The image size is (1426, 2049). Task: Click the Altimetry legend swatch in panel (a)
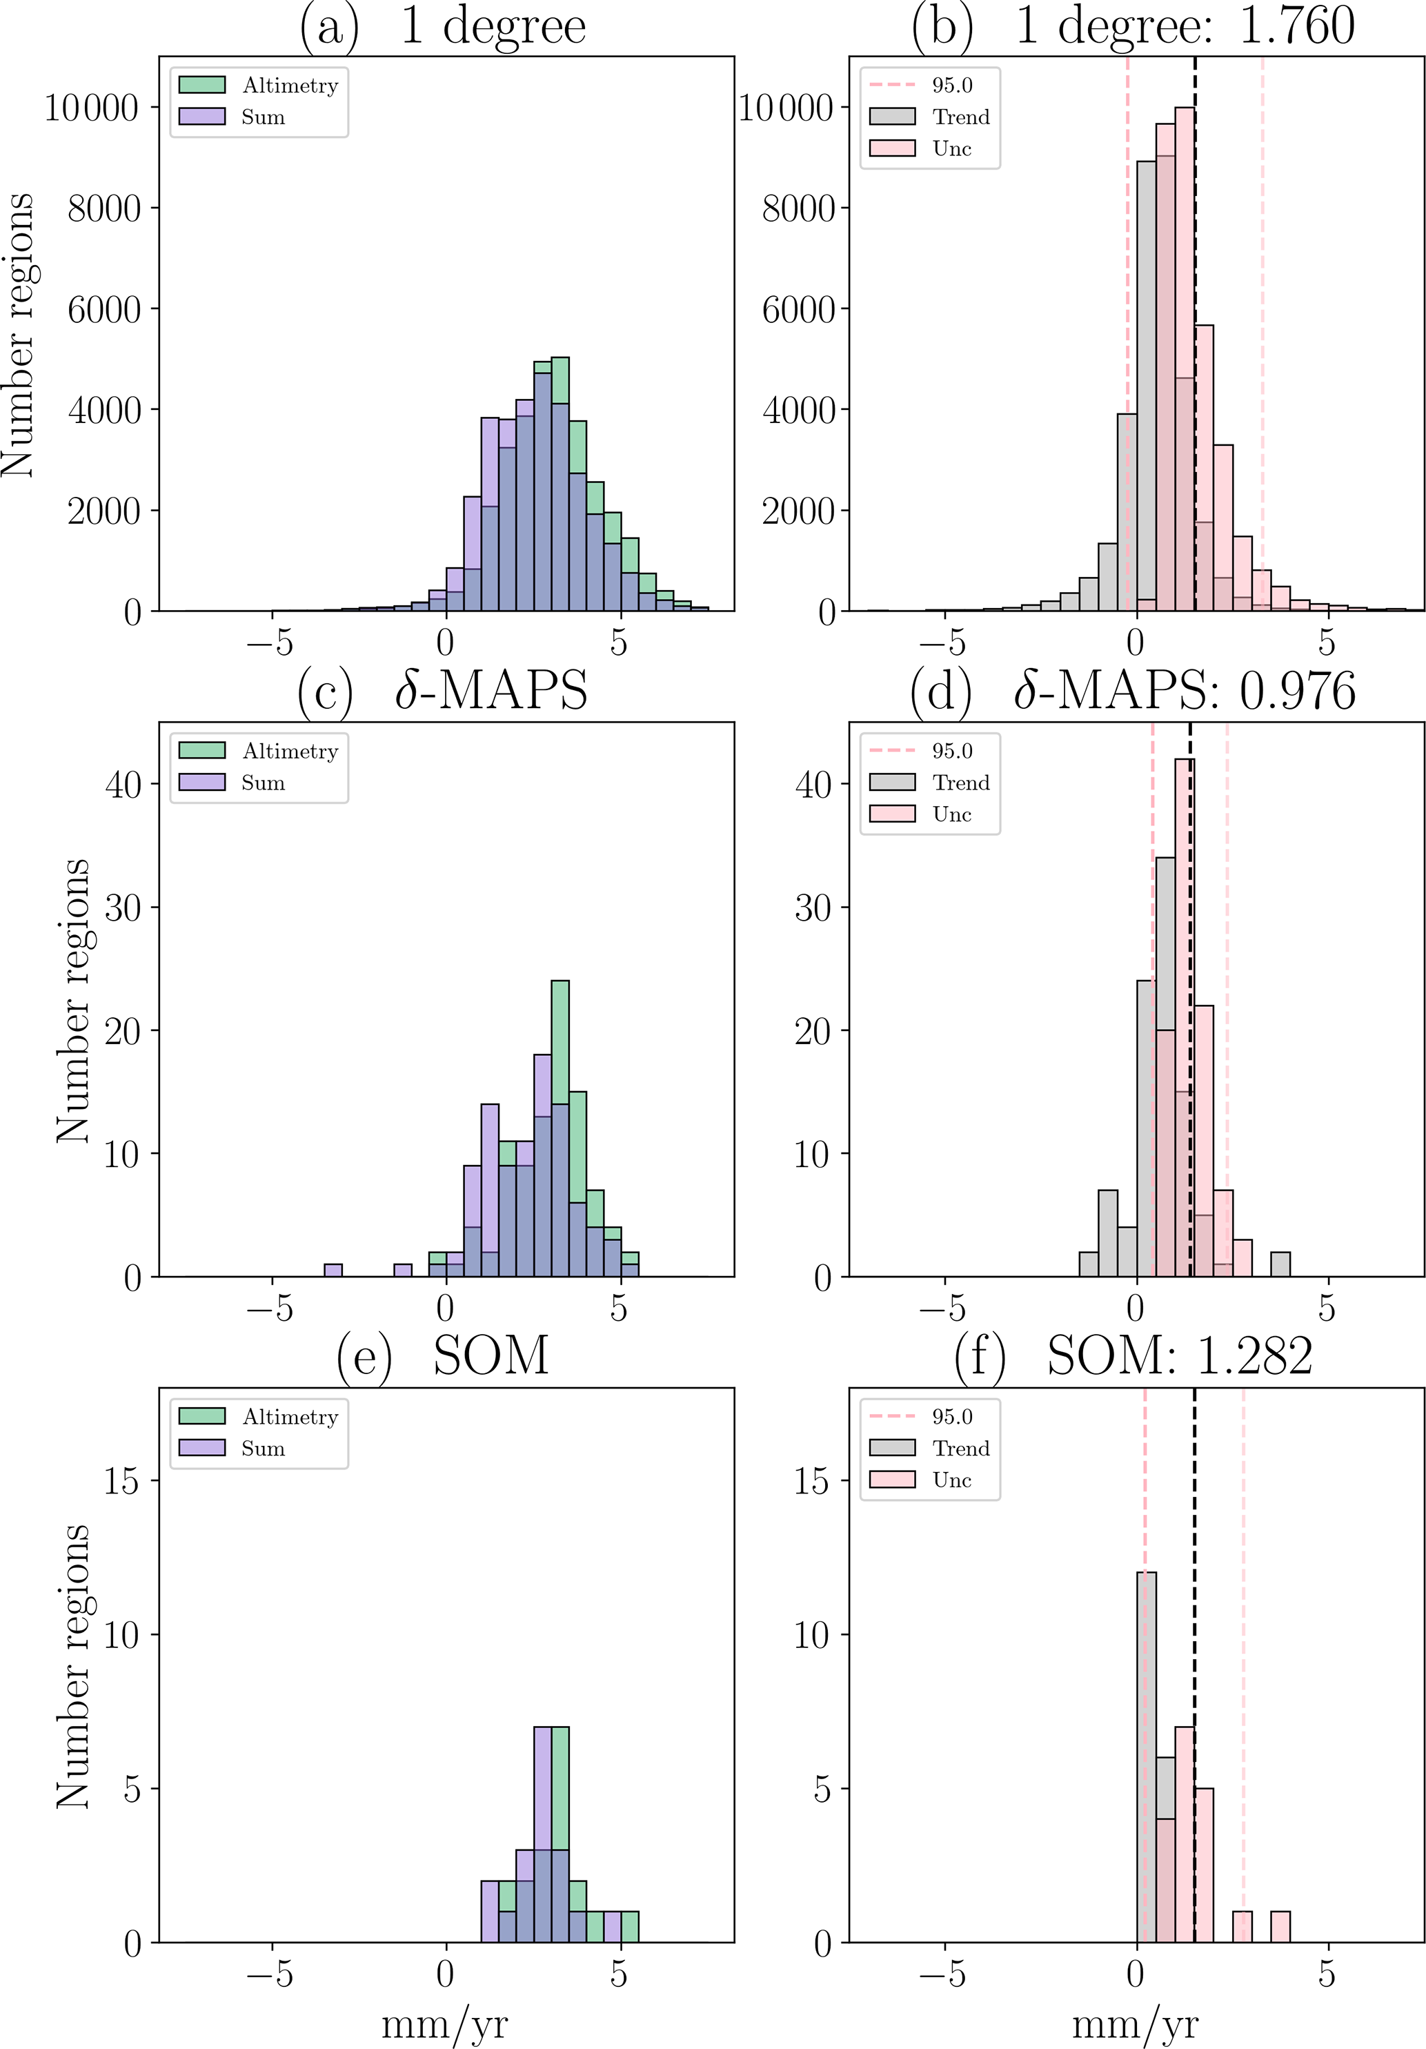201,86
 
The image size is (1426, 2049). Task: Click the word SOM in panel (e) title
491,1357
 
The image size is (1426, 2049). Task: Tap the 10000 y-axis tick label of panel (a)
92,108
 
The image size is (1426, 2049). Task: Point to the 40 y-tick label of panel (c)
122,785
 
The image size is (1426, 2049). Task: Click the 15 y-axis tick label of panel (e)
122,1482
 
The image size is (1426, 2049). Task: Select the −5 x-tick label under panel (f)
942,1974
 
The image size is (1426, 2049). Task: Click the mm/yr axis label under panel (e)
444,2024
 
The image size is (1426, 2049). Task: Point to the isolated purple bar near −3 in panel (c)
333,1271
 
